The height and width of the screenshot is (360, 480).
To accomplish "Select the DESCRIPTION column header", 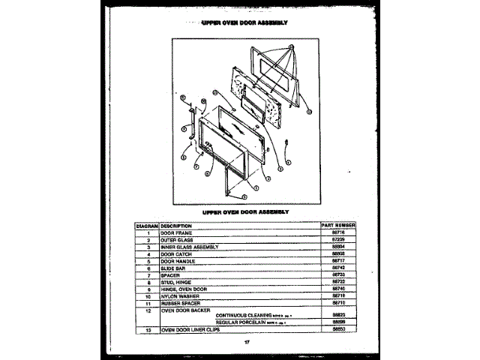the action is click(176, 226).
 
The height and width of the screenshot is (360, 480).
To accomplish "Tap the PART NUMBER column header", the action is click(337, 226).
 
